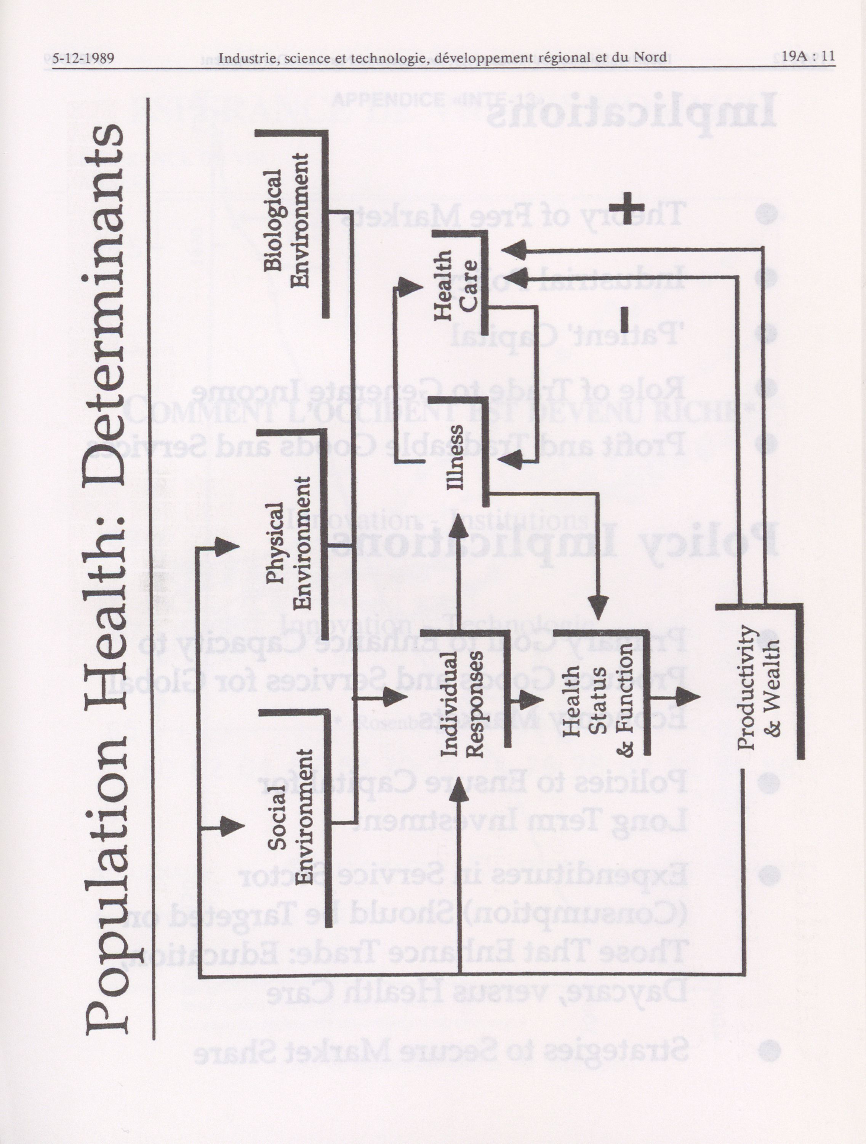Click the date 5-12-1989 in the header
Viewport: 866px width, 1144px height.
click(83, 58)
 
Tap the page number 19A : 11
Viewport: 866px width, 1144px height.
click(808, 56)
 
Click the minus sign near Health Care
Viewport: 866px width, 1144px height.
click(624, 319)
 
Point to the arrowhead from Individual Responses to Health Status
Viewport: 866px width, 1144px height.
click(530, 699)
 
